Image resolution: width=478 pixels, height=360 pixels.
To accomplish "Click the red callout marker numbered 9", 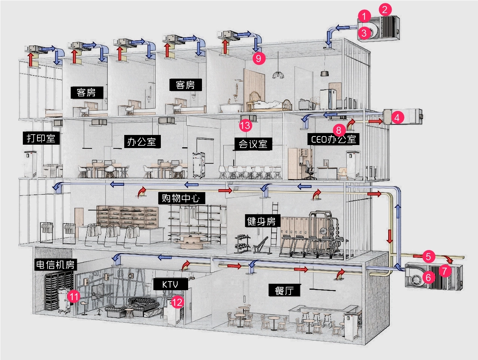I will point(258,58).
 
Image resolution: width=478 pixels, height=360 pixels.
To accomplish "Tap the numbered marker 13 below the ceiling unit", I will point(245,125).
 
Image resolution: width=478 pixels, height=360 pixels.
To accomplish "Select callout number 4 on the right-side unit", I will point(397,117).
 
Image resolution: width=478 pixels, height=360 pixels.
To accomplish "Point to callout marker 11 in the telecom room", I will point(74,297).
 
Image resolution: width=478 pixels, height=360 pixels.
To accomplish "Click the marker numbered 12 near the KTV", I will point(177,302).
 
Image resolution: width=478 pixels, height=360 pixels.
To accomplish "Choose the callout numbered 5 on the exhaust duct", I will point(429,256).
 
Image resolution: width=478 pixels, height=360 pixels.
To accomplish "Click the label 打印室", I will point(41,138).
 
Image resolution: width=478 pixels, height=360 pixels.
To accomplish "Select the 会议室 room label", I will point(253,144).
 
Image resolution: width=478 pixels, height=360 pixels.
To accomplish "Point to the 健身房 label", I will point(261,221).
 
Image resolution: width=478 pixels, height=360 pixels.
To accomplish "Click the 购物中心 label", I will point(181,198).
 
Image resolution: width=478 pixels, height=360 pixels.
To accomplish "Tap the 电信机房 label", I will point(55,265).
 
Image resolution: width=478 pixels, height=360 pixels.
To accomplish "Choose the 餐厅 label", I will point(284,290).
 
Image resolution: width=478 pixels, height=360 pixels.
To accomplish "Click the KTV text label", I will point(170,284).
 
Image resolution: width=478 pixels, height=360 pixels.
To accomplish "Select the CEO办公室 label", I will point(334,139).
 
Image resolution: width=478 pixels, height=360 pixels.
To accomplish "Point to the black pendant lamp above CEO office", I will point(324,73).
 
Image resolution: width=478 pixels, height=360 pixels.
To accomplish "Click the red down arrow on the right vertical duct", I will point(389,236).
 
